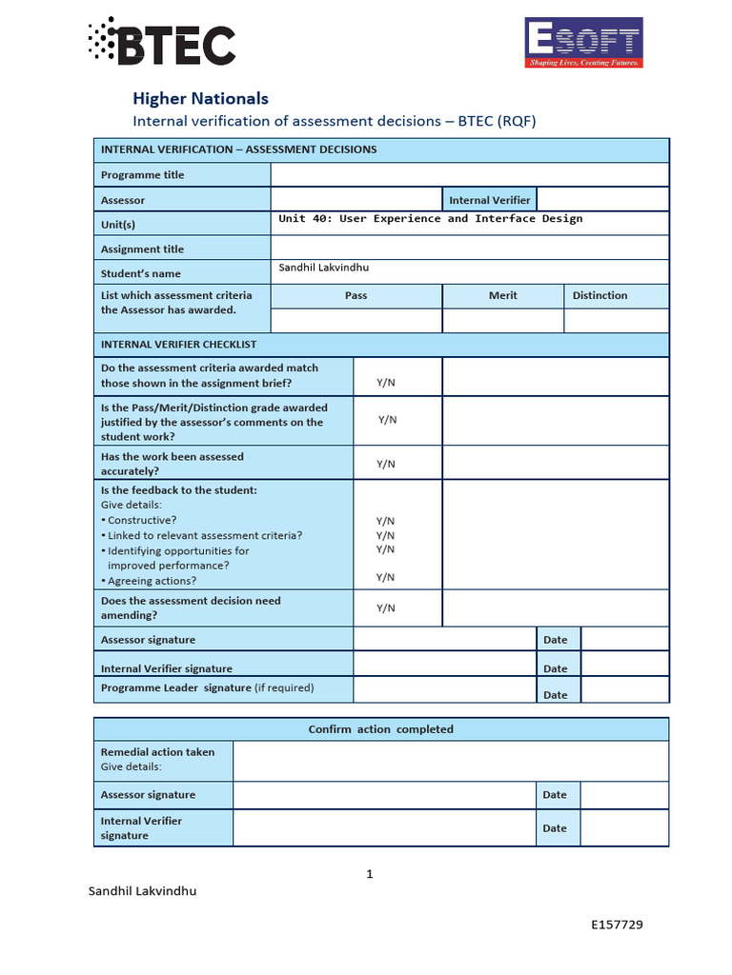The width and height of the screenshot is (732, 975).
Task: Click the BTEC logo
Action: tap(161, 43)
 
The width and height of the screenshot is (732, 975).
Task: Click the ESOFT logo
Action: tap(584, 43)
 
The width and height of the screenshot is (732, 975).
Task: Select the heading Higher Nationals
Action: tap(200, 98)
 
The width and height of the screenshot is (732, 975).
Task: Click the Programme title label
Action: tap(143, 175)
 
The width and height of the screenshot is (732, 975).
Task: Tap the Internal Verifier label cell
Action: tap(490, 200)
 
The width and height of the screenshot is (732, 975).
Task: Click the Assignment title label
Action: tap(143, 249)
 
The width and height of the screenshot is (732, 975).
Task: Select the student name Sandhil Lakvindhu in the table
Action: tap(323, 269)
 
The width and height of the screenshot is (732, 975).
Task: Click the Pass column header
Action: tap(356, 296)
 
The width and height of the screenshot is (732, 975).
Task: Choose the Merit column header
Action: tap(502, 296)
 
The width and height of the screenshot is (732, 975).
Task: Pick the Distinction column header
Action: tap(600, 296)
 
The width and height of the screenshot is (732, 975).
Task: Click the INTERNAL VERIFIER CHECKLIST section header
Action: tap(178, 345)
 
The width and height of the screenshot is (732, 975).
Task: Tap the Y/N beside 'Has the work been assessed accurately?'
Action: tap(385, 464)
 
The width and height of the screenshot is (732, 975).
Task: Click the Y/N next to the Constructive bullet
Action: tap(385, 521)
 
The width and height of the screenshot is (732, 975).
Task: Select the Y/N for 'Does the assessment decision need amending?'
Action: tap(385, 608)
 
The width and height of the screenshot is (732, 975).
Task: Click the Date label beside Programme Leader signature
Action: tap(555, 695)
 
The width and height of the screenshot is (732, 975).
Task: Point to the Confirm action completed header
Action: tap(380, 729)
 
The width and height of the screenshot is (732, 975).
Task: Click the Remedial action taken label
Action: tap(158, 752)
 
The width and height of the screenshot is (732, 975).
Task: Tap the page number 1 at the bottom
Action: tap(370, 874)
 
